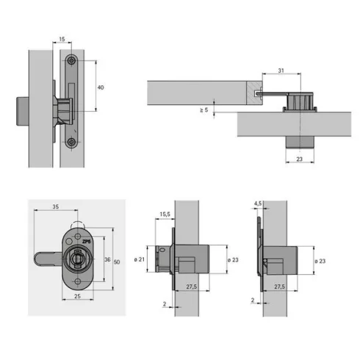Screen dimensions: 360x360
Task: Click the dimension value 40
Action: click(x=101, y=87)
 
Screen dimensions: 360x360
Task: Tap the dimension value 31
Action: click(x=281, y=71)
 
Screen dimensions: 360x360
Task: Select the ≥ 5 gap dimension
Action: click(x=204, y=110)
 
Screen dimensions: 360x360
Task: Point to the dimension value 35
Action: click(x=56, y=206)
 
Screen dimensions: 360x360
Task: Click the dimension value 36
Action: click(x=107, y=259)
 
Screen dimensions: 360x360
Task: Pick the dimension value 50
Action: click(x=117, y=262)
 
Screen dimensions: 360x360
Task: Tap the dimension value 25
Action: click(x=77, y=296)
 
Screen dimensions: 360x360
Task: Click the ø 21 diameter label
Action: click(x=140, y=259)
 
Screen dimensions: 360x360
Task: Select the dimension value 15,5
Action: click(x=165, y=215)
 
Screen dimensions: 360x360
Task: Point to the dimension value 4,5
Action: click(x=258, y=204)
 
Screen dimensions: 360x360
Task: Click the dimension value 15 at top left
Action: click(x=62, y=39)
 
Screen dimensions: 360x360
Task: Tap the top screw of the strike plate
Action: click(x=71, y=60)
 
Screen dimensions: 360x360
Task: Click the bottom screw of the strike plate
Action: click(x=71, y=141)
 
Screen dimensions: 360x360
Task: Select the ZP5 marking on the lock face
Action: click(x=87, y=242)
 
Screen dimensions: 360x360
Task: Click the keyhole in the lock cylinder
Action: click(x=78, y=259)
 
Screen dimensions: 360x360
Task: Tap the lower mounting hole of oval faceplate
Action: click(x=78, y=281)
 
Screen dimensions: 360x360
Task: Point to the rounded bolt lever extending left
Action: click(x=48, y=259)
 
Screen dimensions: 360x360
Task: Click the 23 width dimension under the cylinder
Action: click(x=300, y=159)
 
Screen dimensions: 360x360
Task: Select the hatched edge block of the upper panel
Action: click(x=254, y=93)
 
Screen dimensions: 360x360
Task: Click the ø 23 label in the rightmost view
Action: click(x=320, y=261)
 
